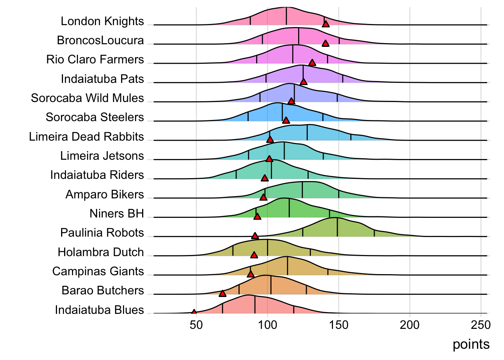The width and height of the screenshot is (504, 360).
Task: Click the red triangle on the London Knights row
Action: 325,24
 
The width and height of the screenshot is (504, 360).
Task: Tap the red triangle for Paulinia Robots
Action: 255,236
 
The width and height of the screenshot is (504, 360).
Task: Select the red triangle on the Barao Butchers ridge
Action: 222,293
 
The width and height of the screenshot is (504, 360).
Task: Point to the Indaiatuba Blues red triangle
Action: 194,312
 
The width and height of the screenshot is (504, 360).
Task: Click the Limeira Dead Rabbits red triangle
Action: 270,139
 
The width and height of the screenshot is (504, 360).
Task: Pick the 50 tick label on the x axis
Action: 196,325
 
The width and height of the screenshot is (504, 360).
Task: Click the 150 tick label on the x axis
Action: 339,325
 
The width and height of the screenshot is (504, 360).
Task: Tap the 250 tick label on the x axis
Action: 481,325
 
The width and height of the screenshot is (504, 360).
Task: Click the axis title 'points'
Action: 471,344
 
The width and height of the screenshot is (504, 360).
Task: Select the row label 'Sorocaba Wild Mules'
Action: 87,98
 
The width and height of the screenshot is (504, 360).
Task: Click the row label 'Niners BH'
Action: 117,213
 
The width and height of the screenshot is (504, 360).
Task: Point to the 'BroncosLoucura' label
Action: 100,40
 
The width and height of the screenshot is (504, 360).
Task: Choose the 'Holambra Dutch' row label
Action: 100,252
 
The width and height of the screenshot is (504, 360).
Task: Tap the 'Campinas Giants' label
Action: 98,271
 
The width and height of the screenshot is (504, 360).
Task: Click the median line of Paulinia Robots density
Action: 337,227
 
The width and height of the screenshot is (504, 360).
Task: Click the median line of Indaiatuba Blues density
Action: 255,304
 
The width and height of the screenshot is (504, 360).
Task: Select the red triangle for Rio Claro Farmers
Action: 312,62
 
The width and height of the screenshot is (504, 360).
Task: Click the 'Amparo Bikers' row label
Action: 105,194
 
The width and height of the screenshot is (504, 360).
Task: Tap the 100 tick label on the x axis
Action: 267,325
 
